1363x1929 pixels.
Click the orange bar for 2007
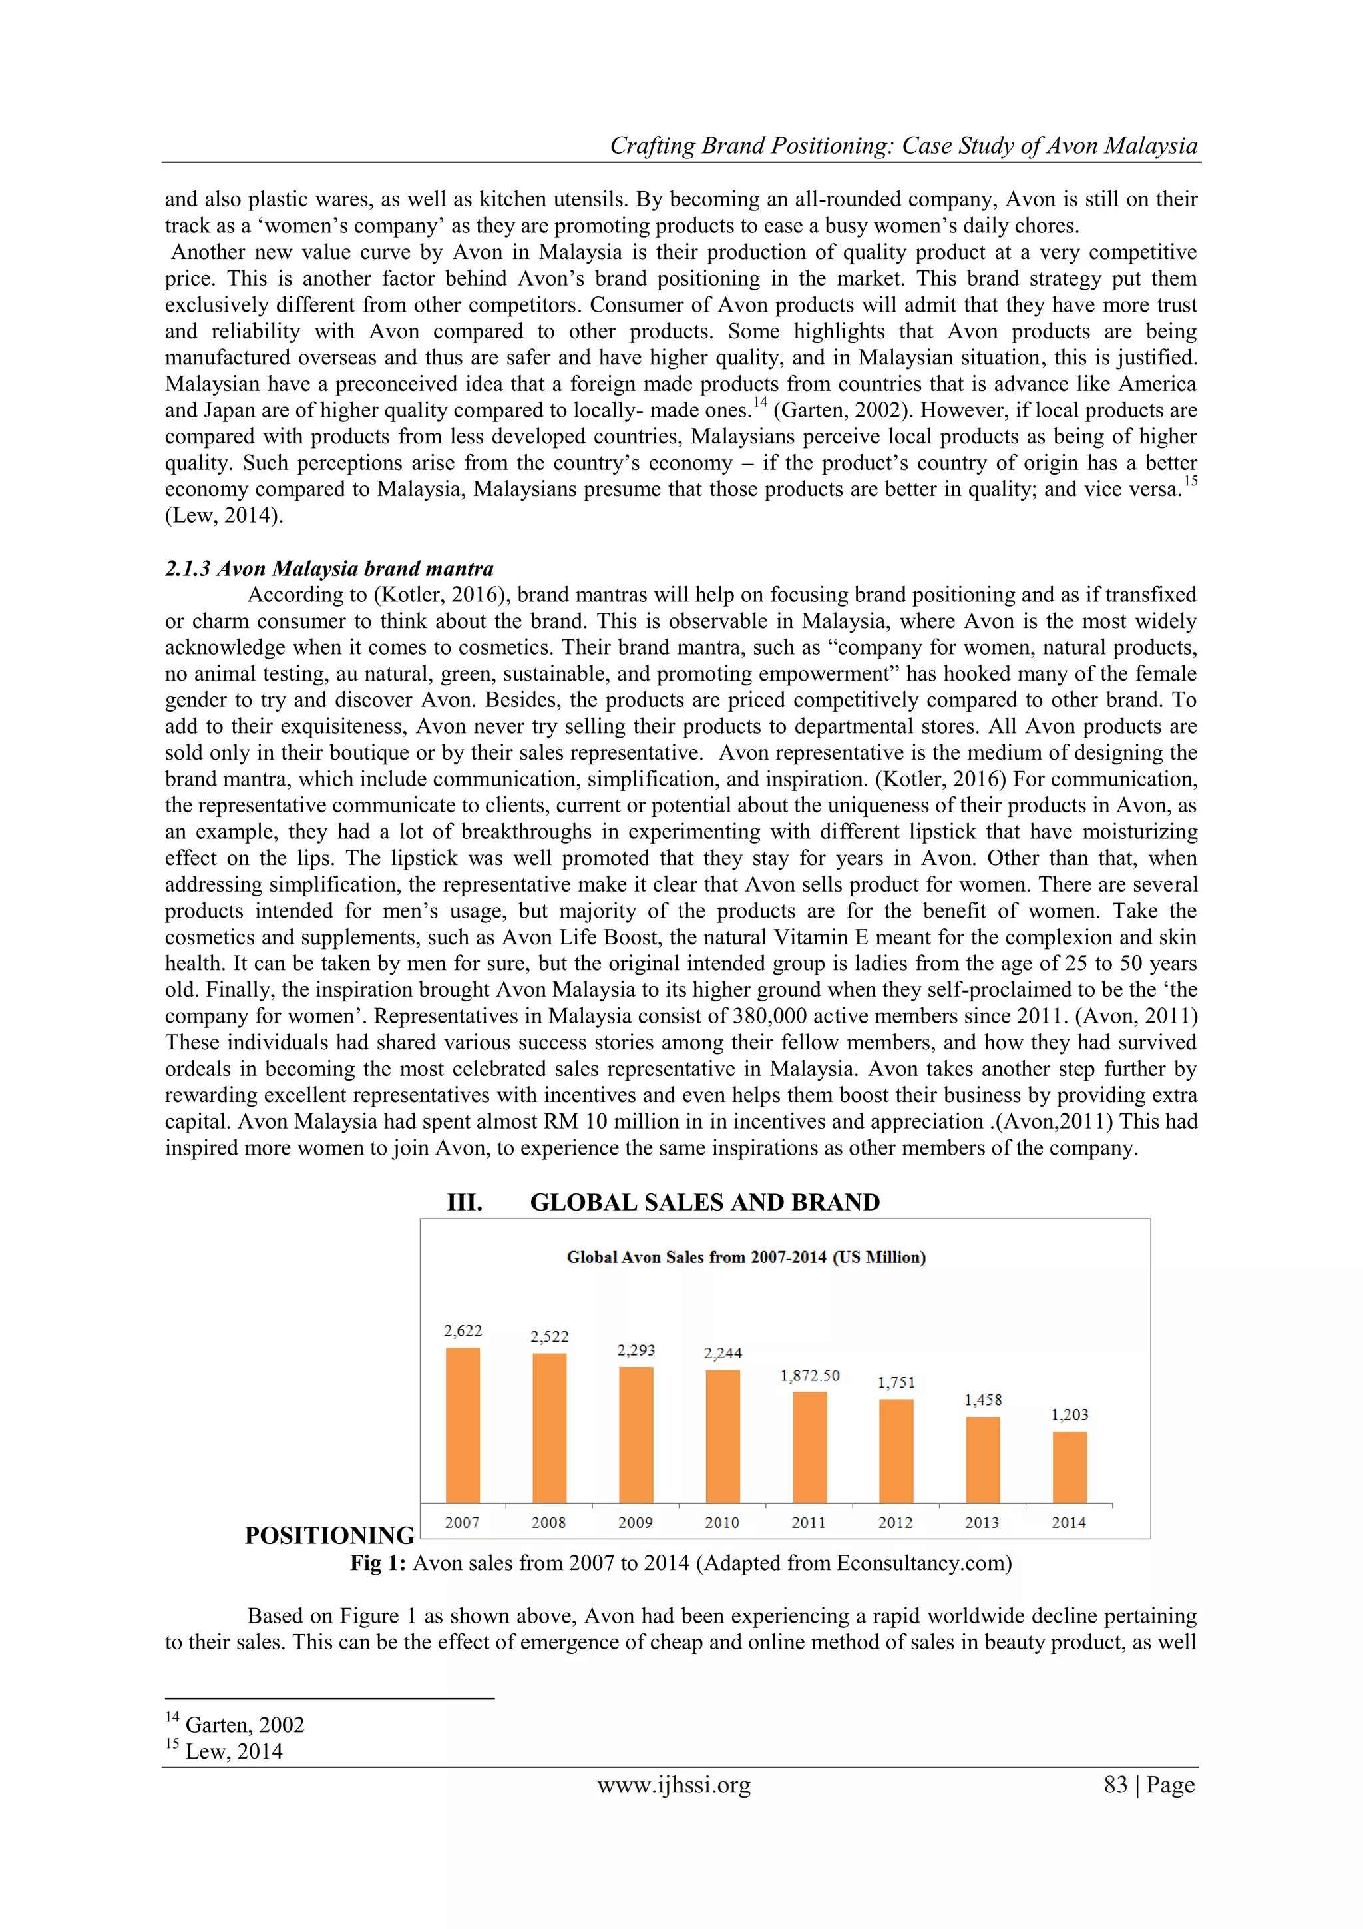[x=463, y=1425]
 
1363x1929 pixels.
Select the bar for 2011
[x=809, y=1447]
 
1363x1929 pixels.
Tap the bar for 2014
[x=1069, y=1467]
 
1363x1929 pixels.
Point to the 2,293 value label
[x=636, y=1350]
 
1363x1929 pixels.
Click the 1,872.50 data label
[x=809, y=1376]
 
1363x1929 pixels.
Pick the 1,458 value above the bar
[x=982, y=1400]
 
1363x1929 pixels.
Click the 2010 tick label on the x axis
[x=722, y=1522]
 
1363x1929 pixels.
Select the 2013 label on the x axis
[x=982, y=1522]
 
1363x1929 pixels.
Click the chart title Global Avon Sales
[x=746, y=1258]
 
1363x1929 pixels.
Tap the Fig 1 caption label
[x=379, y=1563]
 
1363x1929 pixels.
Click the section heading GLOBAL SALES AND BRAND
[x=705, y=1203]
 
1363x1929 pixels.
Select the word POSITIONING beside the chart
[x=329, y=1535]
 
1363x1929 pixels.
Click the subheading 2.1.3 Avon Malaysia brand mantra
[x=329, y=569]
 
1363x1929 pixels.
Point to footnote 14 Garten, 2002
[x=244, y=1725]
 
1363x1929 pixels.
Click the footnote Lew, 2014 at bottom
[x=234, y=1751]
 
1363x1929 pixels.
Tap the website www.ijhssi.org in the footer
[x=674, y=1785]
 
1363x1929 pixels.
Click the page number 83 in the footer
[x=1115, y=1785]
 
